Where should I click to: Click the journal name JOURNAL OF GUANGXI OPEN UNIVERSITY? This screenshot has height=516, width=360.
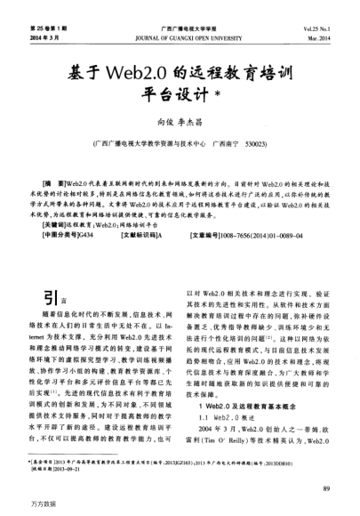click(x=180, y=37)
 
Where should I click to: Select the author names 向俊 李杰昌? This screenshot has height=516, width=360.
click(x=180, y=121)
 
